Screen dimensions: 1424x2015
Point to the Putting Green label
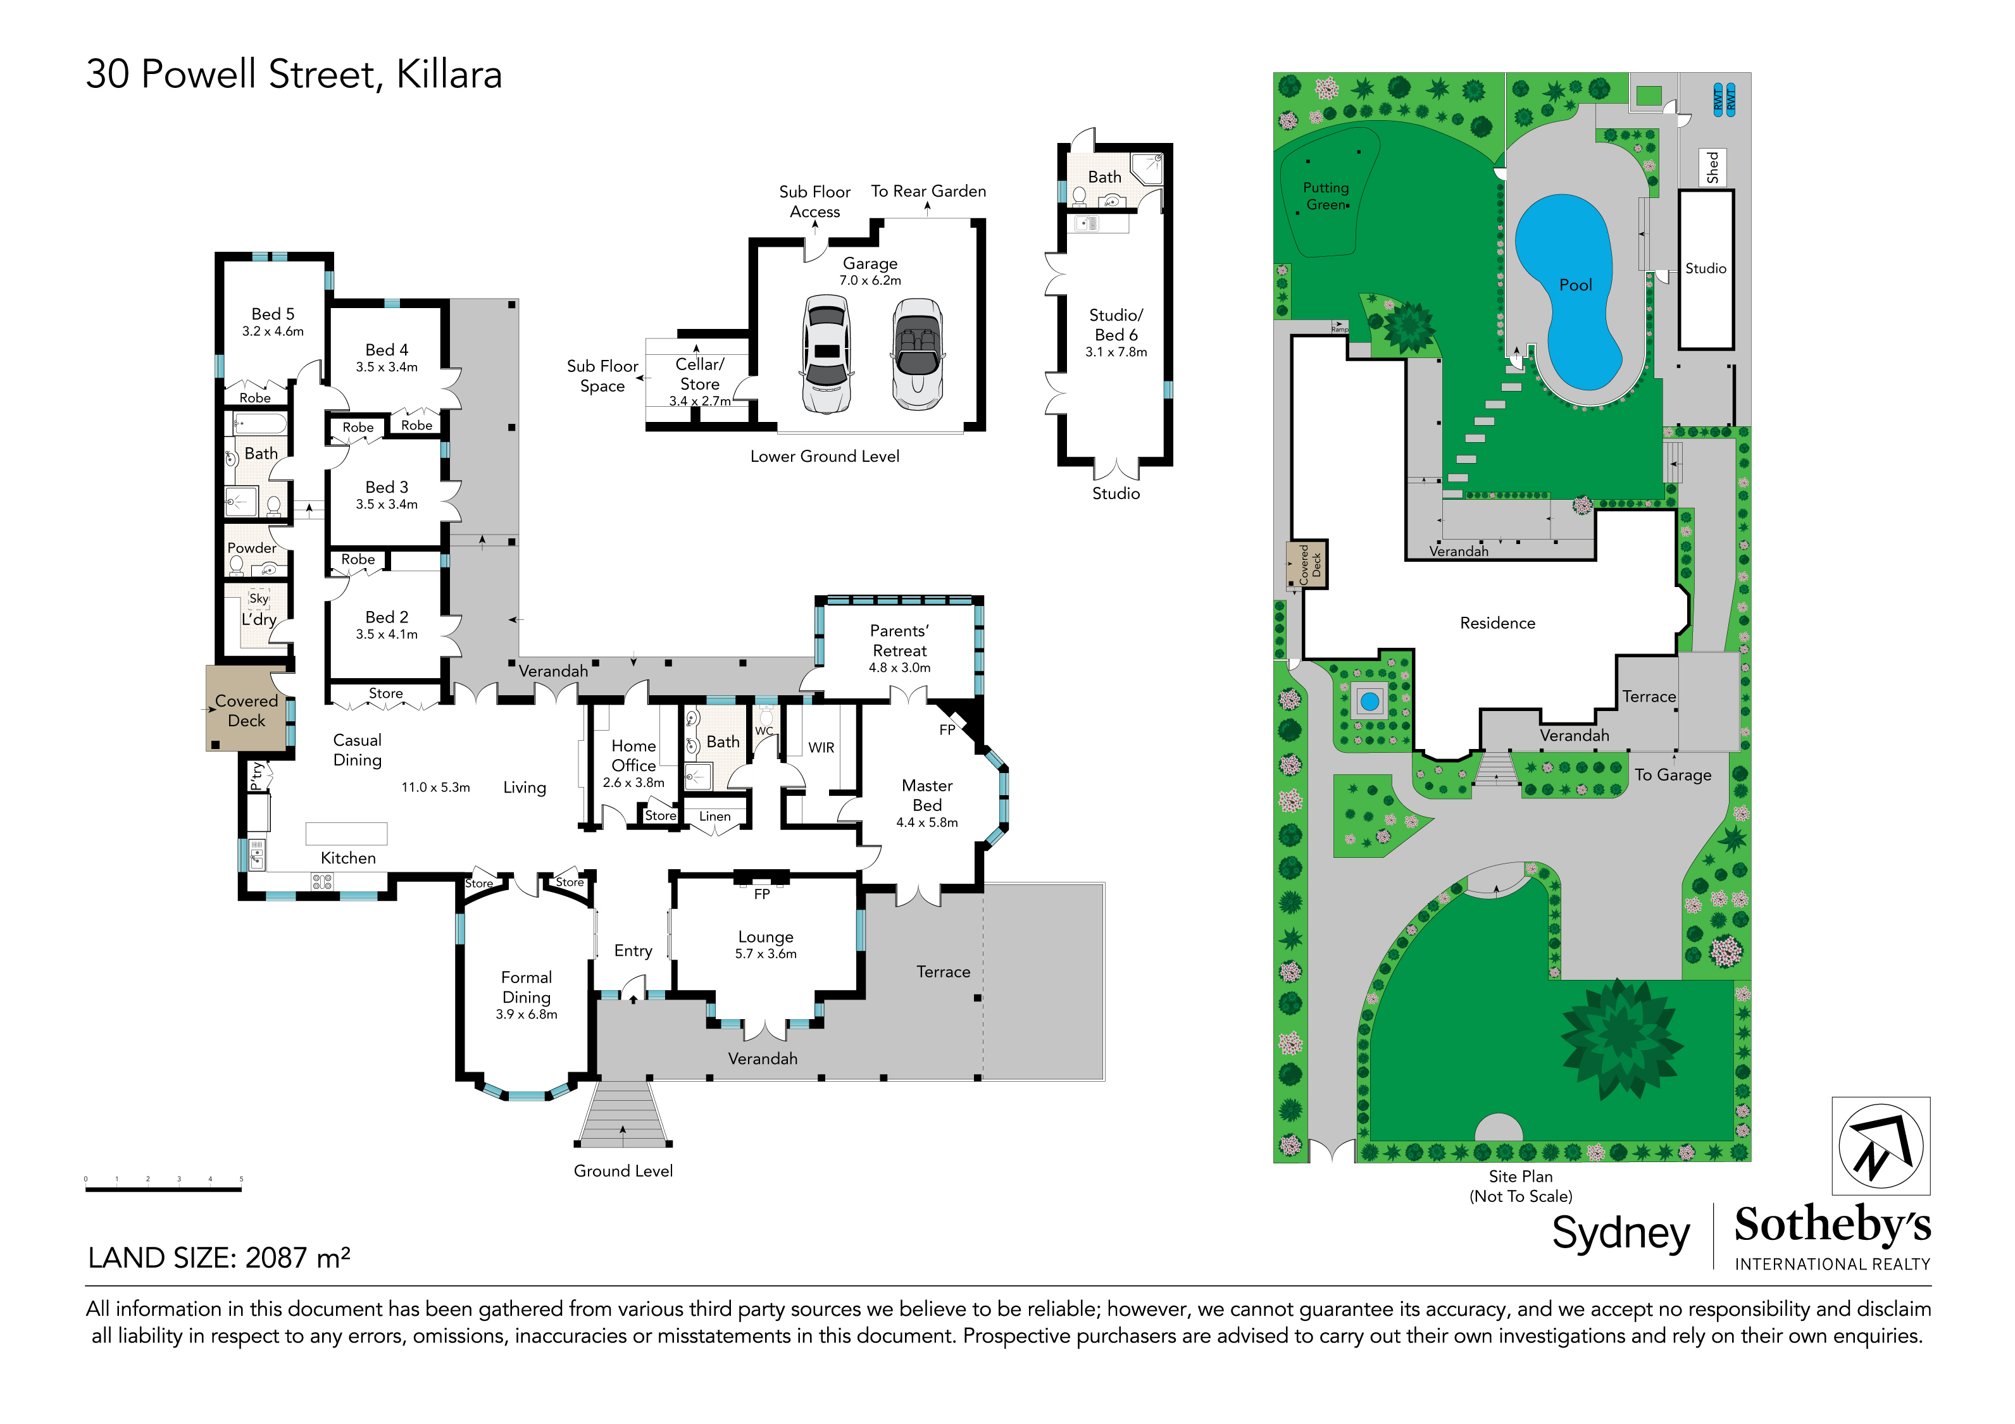(1326, 195)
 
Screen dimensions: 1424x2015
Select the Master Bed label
(926, 795)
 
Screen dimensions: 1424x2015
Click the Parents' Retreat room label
(899, 640)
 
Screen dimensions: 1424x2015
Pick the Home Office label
(633, 755)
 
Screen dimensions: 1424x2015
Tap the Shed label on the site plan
(1712, 167)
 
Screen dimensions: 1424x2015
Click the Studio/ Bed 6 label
(1116, 325)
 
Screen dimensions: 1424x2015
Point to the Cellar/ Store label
(699, 374)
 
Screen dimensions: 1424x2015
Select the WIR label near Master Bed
(821, 748)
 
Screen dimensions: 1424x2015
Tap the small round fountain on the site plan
(1369, 701)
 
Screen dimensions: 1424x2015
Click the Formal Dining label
(526, 987)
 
